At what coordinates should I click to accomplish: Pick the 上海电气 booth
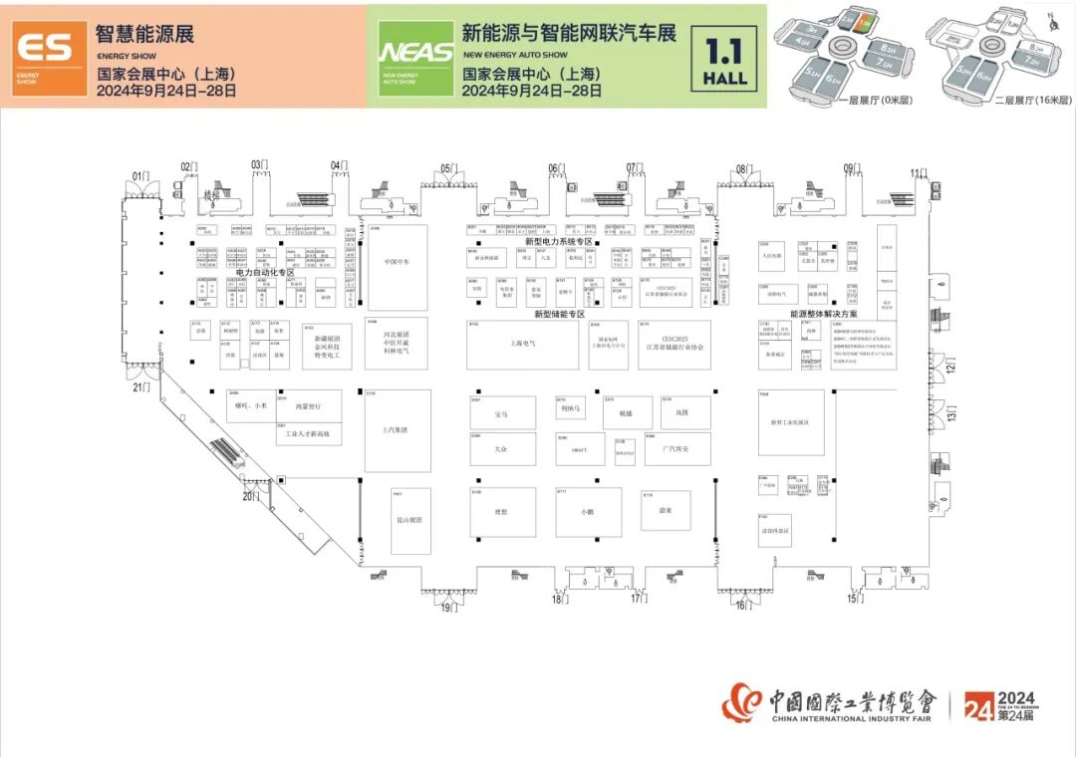tap(522, 345)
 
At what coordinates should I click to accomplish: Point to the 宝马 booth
tap(501, 411)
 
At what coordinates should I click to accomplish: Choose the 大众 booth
tap(501, 449)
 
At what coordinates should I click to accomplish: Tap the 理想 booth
tap(501, 512)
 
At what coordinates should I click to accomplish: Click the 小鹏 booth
tap(588, 512)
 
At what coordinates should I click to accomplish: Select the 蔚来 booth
tap(666, 510)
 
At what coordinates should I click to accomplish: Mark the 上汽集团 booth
tap(397, 430)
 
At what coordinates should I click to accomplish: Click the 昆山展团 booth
tap(410, 520)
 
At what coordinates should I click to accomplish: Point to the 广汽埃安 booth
tap(677, 449)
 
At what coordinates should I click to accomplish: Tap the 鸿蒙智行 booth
tap(310, 406)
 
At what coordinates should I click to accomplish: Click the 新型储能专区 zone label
tap(558, 314)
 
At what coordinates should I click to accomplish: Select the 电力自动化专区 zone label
tap(265, 272)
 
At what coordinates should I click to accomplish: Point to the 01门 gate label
tap(141, 177)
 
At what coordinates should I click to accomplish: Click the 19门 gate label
tap(451, 607)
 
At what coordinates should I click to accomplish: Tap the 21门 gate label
tap(141, 387)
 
